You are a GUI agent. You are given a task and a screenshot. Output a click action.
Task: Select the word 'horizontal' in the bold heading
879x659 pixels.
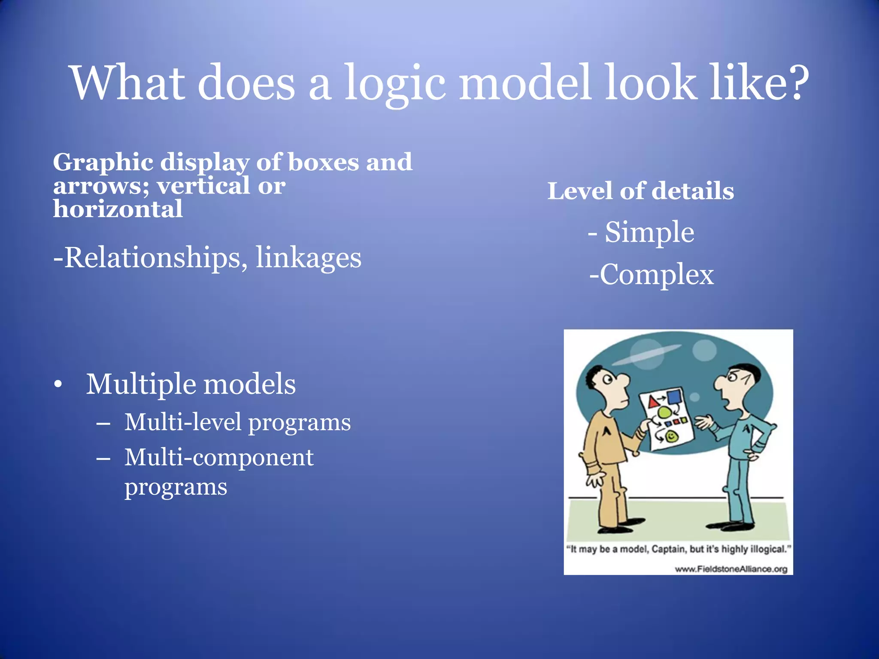click(x=118, y=209)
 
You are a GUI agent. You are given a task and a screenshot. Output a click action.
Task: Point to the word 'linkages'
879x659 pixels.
click(x=309, y=257)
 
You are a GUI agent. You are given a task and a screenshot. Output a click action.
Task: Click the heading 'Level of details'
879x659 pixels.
click(x=640, y=191)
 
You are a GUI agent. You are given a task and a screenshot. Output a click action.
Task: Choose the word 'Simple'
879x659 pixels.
click(x=649, y=232)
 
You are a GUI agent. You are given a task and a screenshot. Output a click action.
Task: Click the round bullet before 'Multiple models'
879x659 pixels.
click(x=58, y=384)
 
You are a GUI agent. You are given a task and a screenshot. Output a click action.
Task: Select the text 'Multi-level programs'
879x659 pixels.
click(x=237, y=422)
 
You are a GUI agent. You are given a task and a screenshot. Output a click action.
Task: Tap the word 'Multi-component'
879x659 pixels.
click(x=219, y=457)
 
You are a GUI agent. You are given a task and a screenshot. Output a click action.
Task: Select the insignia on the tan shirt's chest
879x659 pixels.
click(x=607, y=430)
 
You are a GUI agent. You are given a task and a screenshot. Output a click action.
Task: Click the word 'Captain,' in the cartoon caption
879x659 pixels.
click(x=670, y=549)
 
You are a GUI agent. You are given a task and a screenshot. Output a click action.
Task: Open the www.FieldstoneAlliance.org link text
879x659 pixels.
click(x=731, y=569)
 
